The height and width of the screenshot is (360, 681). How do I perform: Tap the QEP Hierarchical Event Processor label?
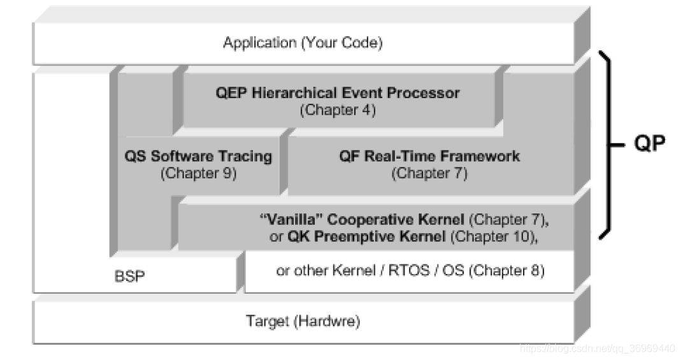(337, 93)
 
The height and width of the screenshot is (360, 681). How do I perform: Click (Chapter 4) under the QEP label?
(338, 110)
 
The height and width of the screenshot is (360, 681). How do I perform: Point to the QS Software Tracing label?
(198, 156)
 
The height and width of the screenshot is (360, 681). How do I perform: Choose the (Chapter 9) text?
(198, 173)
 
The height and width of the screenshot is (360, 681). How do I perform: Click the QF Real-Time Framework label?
(429, 156)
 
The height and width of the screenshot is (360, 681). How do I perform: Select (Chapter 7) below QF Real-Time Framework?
(429, 173)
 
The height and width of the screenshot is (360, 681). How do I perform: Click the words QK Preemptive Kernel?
(368, 237)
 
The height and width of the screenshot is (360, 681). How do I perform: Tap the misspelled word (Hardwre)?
(327, 322)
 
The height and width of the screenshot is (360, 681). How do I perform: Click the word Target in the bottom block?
(268, 322)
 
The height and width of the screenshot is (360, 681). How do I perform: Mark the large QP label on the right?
(649, 145)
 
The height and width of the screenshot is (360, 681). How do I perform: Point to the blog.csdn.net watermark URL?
(596, 349)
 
